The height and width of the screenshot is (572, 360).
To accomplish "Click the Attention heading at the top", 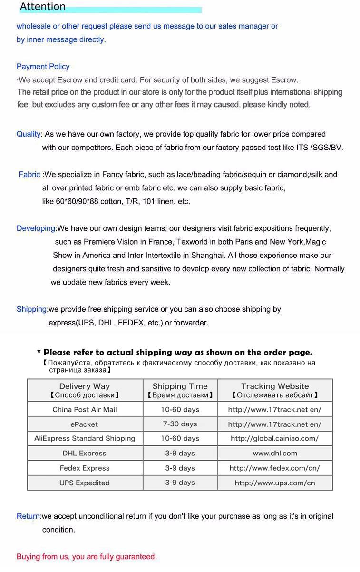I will [43, 7].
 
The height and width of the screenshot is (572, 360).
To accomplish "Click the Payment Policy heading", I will [43, 67].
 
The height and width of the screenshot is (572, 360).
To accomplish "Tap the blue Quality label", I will [29, 134].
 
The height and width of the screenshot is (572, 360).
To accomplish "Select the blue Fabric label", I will [29, 175].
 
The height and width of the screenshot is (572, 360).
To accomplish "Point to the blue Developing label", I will [36, 228].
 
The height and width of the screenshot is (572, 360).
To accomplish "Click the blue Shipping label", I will [32, 309].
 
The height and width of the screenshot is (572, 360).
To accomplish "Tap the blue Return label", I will [29, 516].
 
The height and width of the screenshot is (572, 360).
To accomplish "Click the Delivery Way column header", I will [85, 390].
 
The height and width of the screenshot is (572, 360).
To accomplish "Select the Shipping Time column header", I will [180, 390].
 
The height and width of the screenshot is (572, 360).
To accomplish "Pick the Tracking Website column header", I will [275, 390].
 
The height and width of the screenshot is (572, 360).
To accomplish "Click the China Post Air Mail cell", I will [85, 410].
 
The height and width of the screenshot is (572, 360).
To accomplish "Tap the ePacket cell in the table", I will [85, 424].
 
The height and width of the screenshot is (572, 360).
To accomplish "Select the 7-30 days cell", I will [180, 424].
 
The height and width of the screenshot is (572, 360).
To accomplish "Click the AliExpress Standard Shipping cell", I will [85, 439].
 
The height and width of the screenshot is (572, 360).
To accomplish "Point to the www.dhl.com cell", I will [275, 454].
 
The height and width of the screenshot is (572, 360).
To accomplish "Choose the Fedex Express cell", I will [85, 468].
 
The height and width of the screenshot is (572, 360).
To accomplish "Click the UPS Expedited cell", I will [85, 483].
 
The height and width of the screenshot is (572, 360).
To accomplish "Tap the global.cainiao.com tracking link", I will [275, 439].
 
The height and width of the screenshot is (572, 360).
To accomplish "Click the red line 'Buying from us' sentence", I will [87, 557].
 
